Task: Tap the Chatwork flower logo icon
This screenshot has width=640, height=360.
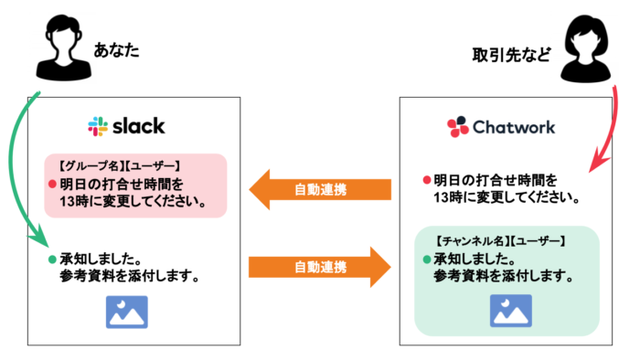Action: click(457, 126)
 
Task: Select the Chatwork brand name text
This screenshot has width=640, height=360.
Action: click(513, 126)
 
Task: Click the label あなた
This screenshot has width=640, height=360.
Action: click(116, 49)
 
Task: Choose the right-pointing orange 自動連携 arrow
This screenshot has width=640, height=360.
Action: click(319, 268)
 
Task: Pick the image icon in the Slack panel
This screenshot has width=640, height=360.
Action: click(126, 312)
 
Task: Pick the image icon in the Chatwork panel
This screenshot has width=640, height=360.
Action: click(510, 311)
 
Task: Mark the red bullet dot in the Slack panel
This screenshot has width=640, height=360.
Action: click(53, 182)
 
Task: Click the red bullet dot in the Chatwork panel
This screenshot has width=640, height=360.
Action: click(427, 179)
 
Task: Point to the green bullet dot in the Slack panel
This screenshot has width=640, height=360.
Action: click(53, 259)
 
